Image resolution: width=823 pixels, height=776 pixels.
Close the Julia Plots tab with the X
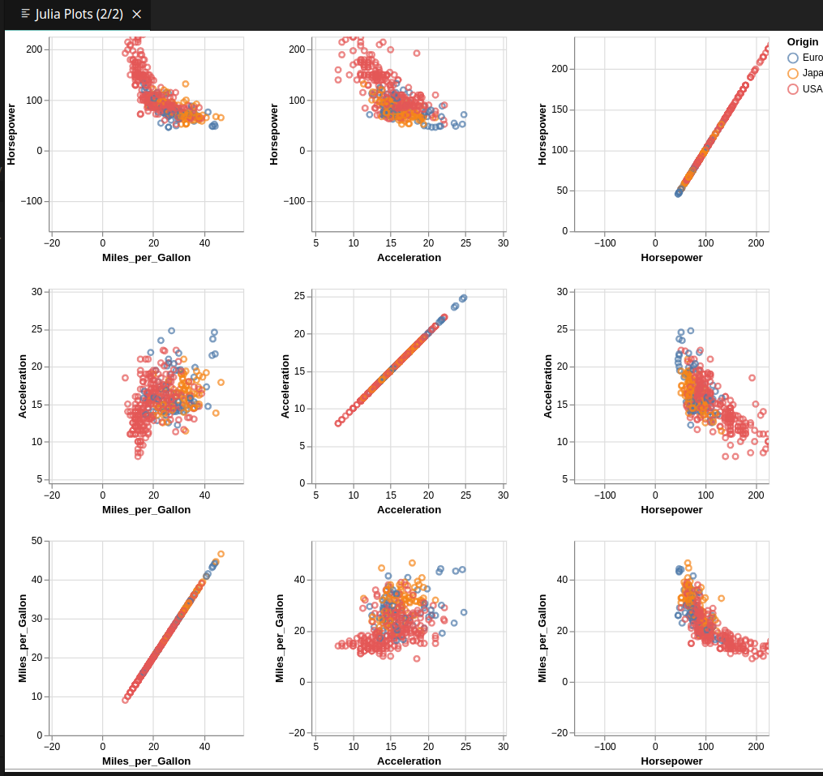tap(136, 15)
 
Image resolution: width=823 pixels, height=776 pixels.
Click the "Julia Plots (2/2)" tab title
tap(79, 15)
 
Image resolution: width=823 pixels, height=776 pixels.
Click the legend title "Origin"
tap(802, 41)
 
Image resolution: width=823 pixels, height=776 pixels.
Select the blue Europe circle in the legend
tap(793, 58)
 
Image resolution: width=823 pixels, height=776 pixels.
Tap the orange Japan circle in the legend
tap(793, 73)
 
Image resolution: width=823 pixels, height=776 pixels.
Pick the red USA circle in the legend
tap(793, 89)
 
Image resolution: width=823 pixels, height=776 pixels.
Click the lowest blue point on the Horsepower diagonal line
tap(678, 194)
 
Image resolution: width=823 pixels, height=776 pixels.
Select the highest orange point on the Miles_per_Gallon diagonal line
tap(221, 554)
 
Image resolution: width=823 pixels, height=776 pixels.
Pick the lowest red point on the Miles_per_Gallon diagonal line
tap(125, 700)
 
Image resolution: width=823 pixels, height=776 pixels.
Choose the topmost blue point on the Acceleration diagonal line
tap(464, 298)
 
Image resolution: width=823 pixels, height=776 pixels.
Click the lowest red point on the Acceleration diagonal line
tap(338, 423)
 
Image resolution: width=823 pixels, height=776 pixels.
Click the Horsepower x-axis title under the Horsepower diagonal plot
tap(671, 258)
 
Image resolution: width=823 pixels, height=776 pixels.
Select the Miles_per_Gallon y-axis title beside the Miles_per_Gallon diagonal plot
tap(23, 637)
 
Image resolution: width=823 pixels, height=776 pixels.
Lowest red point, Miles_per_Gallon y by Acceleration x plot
tap(417, 658)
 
